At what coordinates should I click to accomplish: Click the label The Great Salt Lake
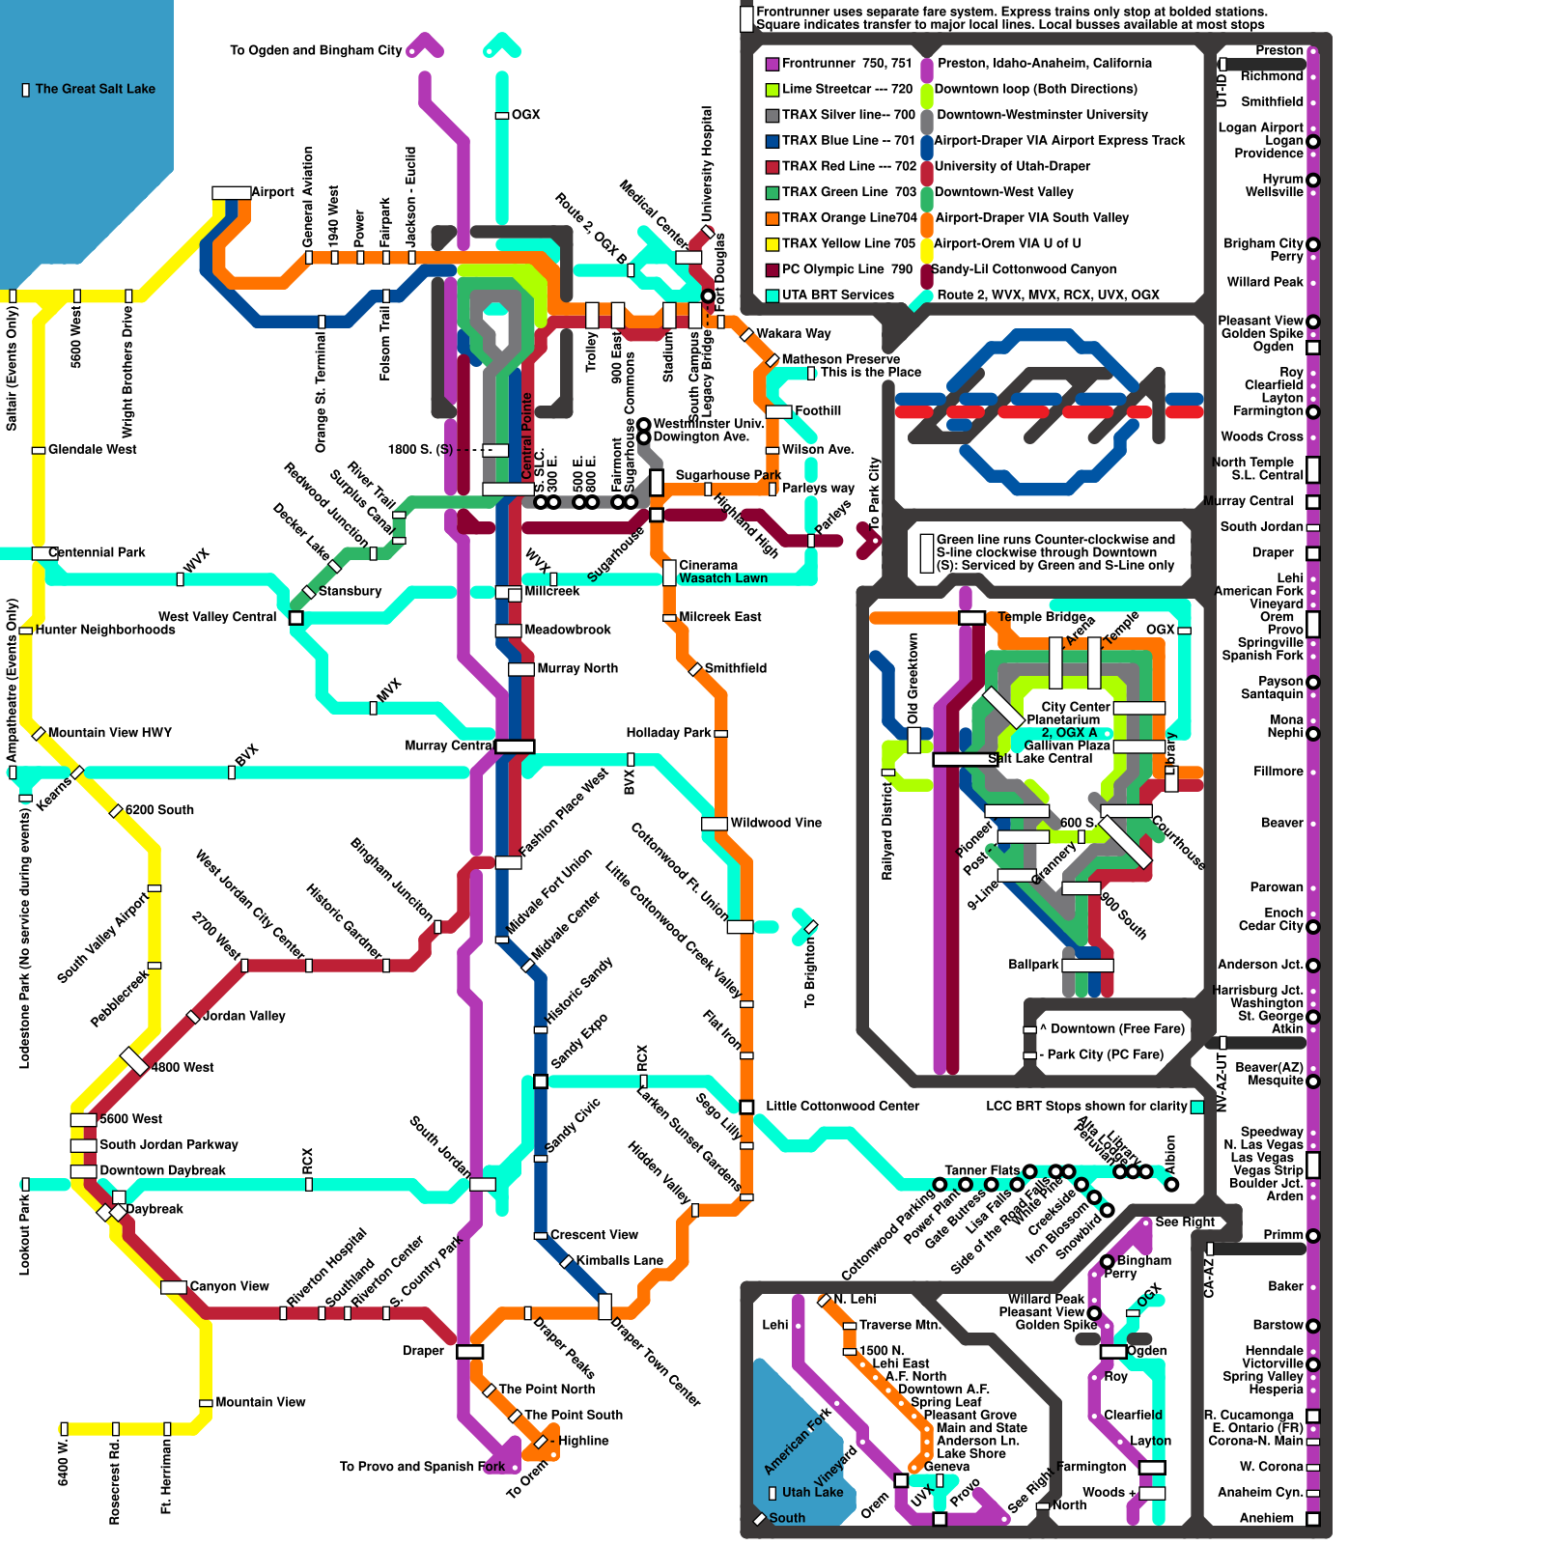coord(95,89)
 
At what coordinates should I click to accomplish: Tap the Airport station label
coord(272,192)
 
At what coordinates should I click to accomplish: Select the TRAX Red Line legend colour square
coord(772,167)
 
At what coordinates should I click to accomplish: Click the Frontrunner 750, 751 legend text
coord(846,64)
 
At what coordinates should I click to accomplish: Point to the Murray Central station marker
coord(515,745)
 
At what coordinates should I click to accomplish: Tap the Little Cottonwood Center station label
coord(842,1106)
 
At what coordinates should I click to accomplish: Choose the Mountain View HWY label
coord(109,733)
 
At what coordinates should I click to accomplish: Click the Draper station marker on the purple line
coord(469,1351)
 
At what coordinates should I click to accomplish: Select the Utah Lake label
coord(812,1492)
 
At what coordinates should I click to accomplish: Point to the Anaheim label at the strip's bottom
coord(1266,1518)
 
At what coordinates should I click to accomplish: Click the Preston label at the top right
coord(1279,50)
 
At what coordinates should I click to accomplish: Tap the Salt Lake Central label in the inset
coord(1040,759)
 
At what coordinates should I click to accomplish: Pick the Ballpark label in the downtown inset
coord(1033,965)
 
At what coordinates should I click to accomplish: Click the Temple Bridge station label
coord(1041,617)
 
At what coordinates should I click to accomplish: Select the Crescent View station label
coord(594,1235)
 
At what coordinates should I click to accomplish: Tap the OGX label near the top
coord(525,115)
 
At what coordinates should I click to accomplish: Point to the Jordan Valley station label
coord(243,1016)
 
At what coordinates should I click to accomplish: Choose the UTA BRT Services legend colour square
coord(772,295)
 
